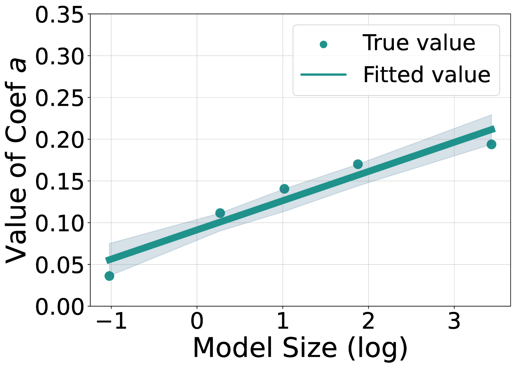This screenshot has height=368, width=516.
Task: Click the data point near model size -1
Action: coord(109,276)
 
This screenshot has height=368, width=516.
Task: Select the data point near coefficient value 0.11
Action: coord(220,213)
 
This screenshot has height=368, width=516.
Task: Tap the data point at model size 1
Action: coord(284,189)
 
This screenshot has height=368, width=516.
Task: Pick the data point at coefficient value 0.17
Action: coord(358,164)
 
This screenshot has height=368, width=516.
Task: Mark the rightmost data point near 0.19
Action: coord(491,144)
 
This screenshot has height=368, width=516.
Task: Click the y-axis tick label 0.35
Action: coord(59,15)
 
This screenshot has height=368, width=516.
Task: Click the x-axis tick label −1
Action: coord(111,321)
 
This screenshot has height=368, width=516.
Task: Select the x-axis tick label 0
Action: coord(197,321)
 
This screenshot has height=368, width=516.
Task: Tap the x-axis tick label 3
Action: coord(454,321)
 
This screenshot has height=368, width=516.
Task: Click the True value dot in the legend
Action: coord(323,44)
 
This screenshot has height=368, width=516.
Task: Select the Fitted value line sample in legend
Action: coord(323,75)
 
